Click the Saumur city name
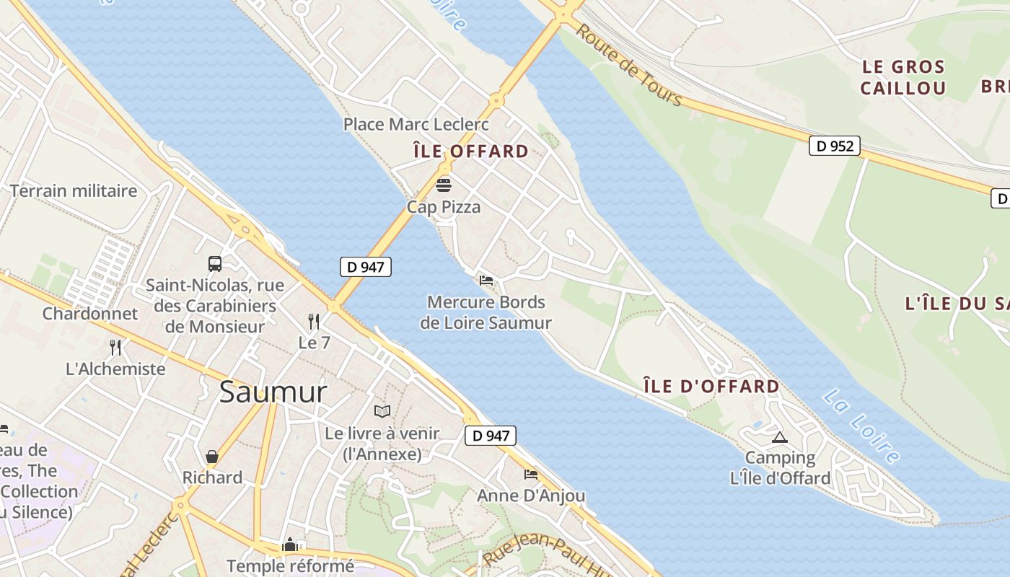273,392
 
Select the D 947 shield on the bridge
365,267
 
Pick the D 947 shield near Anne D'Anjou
491,436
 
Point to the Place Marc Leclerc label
416,124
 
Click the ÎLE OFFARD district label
470,151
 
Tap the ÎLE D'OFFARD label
711,387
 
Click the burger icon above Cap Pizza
444,185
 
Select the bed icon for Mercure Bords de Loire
486,281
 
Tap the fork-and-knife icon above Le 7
314,321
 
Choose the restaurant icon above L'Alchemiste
115,347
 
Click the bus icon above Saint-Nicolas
215,263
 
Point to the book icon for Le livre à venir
382,411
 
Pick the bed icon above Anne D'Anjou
531,474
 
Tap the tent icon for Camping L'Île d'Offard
779,436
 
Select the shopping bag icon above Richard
212,456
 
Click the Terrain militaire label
74,191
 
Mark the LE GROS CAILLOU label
903,78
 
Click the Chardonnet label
90,314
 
